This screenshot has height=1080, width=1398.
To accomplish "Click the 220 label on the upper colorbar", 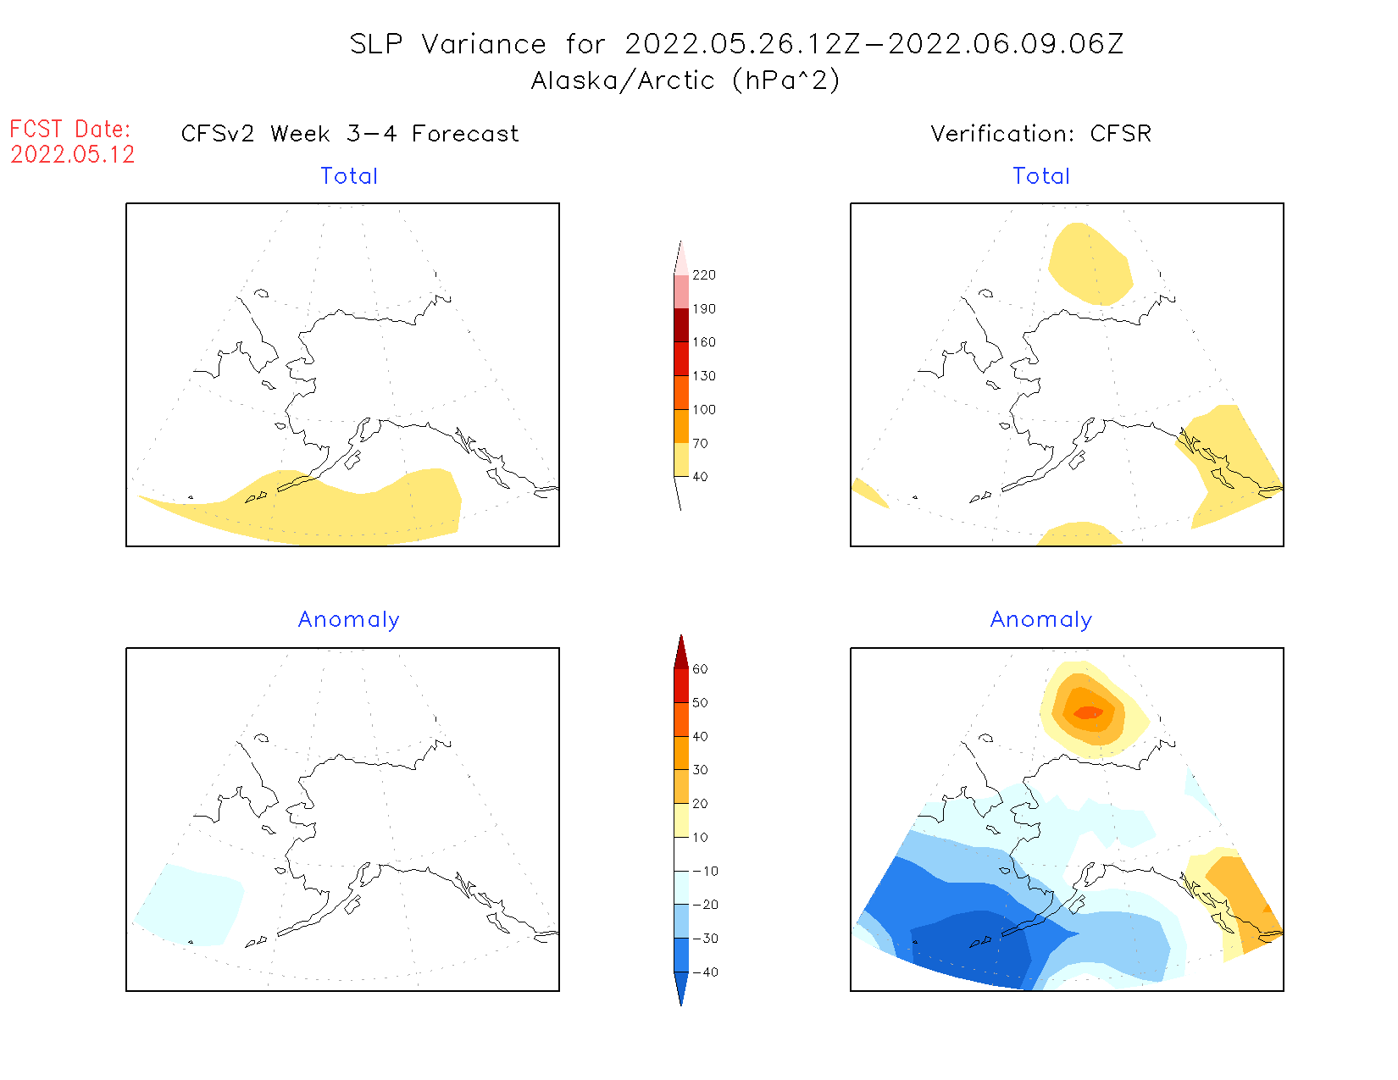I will (x=703, y=275).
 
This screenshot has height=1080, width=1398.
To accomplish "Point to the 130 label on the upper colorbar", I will (x=703, y=376).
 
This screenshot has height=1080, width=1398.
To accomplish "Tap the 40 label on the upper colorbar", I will (x=700, y=477).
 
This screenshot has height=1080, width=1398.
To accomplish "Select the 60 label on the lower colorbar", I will (x=700, y=669).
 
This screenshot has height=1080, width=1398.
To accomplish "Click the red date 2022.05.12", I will (x=73, y=154).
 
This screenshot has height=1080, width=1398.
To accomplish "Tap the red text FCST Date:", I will (x=70, y=130).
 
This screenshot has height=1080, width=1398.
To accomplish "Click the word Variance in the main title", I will (x=484, y=44).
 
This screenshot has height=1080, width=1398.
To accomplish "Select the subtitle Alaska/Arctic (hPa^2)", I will (x=685, y=80).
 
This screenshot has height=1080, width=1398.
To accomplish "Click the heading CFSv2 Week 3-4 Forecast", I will (x=350, y=134).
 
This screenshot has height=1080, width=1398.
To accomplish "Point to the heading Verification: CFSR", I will (x=1040, y=134).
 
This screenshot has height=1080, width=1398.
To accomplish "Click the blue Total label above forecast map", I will (x=349, y=176).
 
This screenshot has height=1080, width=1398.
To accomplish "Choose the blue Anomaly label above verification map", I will (x=1041, y=620).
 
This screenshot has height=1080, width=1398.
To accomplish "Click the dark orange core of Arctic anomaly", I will (x=1089, y=712).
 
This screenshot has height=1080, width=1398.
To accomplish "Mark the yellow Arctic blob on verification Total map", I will (x=1089, y=263).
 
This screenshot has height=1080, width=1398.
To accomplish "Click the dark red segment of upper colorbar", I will (x=681, y=325).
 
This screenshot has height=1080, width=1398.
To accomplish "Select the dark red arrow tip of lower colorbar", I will (x=681, y=652).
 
